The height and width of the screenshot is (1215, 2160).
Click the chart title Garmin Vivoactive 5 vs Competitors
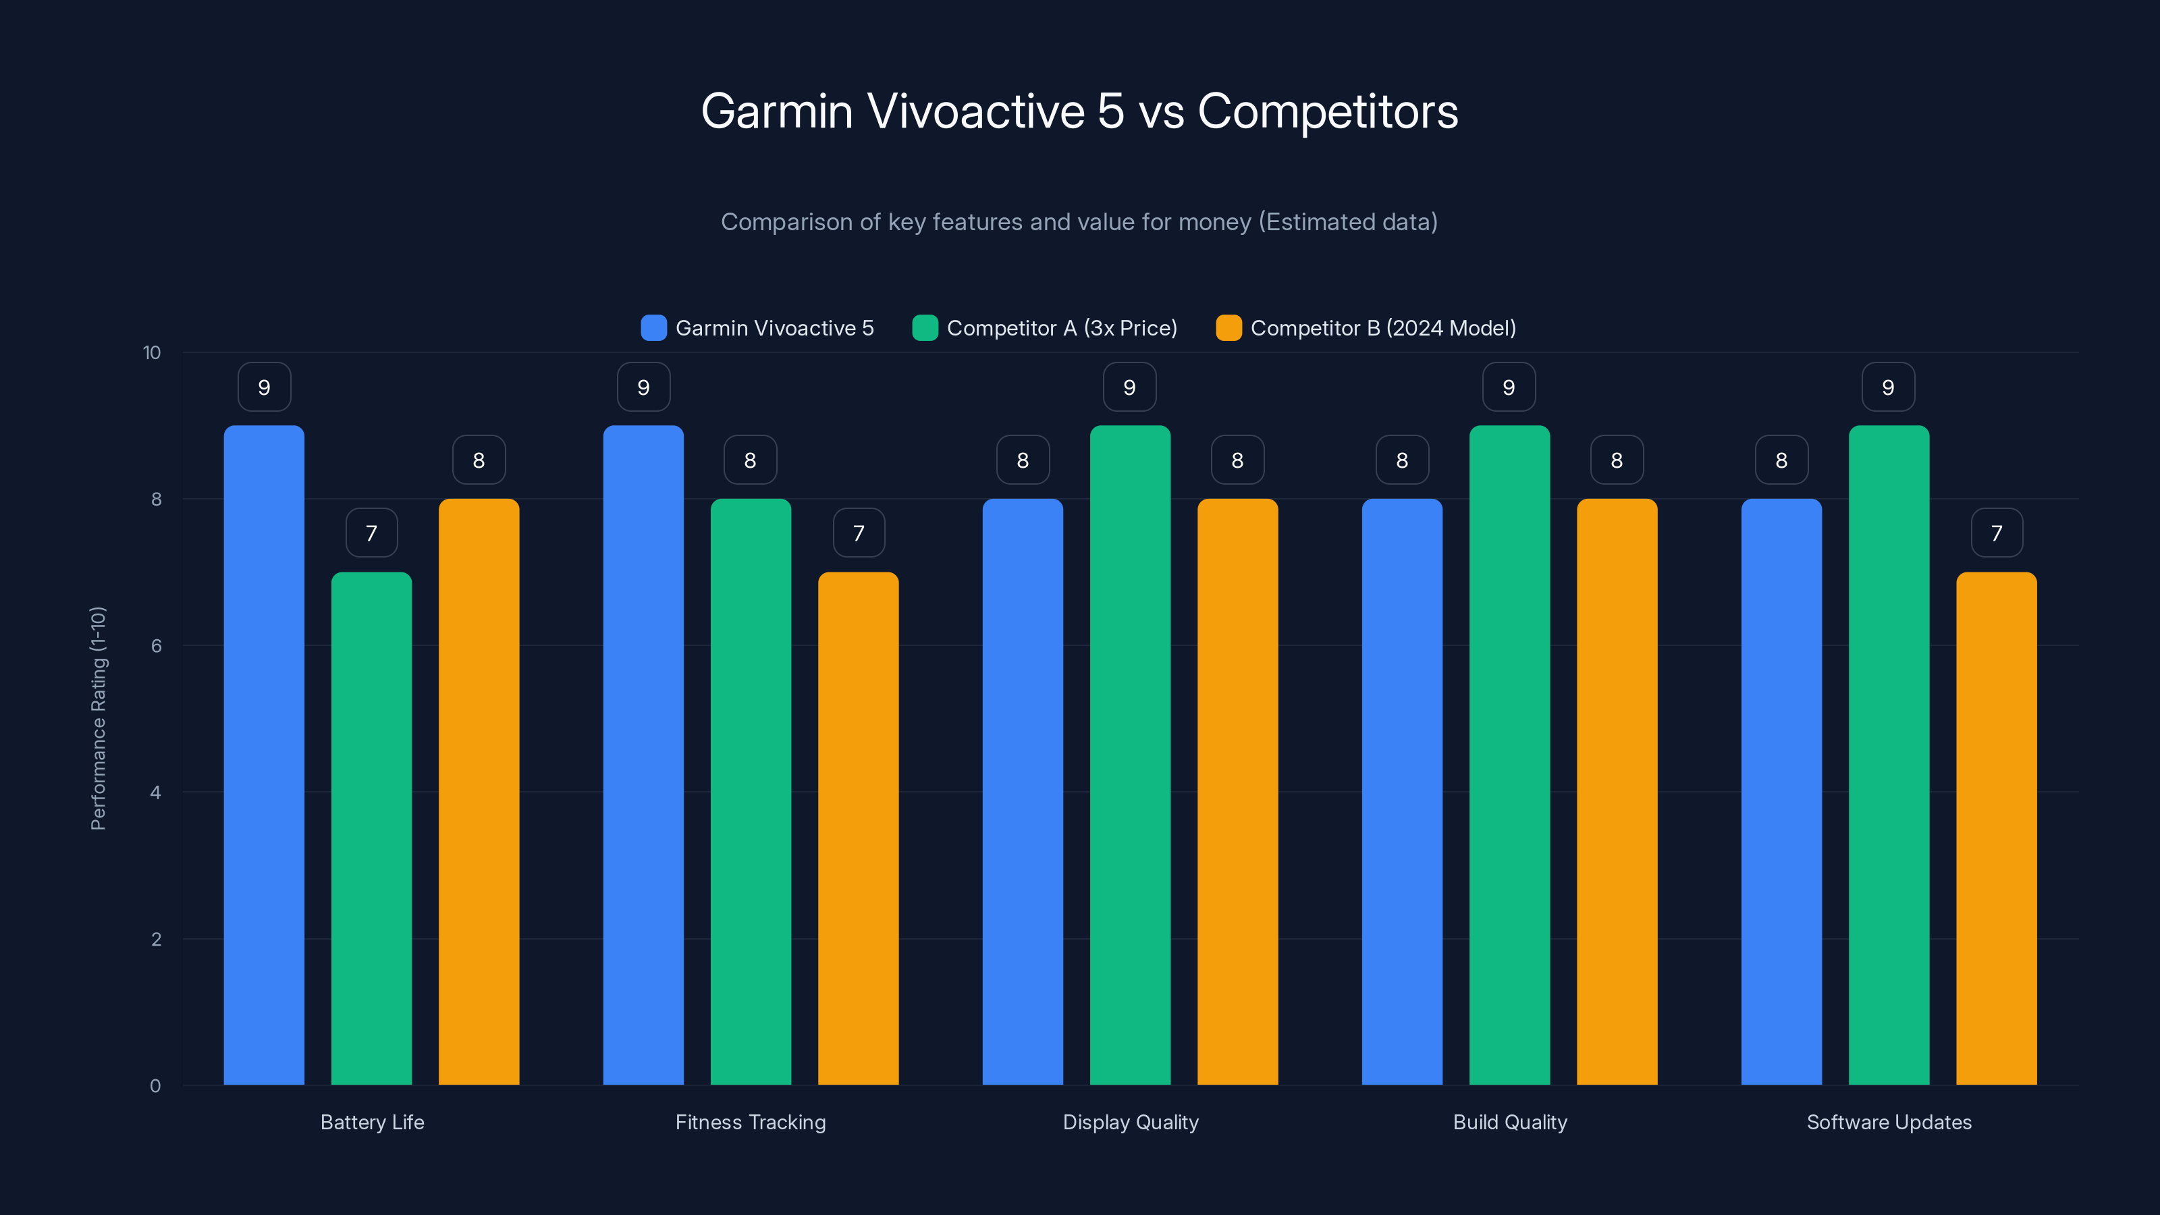click(x=1079, y=111)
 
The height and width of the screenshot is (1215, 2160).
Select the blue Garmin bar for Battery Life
click(x=264, y=755)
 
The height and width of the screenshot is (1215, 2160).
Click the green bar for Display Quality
click(x=1129, y=755)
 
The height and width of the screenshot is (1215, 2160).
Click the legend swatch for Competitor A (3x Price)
click(x=925, y=328)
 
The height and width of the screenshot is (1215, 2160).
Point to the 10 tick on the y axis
click(x=152, y=353)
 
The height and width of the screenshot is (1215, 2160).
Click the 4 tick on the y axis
click(x=155, y=792)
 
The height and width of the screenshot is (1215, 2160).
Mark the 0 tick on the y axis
click(x=155, y=1086)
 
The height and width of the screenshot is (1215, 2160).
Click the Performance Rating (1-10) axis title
click(x=98, y=719)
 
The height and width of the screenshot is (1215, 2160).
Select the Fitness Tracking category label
click(x=751, y=1122)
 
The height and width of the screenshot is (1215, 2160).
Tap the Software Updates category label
click(x=1889, y=1122)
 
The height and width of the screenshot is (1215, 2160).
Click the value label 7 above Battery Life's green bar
click(x=371, y=533)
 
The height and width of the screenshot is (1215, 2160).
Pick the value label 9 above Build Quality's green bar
click(x=1509, y=387)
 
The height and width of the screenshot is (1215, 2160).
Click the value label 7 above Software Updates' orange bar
click(x=1996, y=533)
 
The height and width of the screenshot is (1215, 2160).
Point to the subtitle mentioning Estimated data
click(x=1079, y=222)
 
